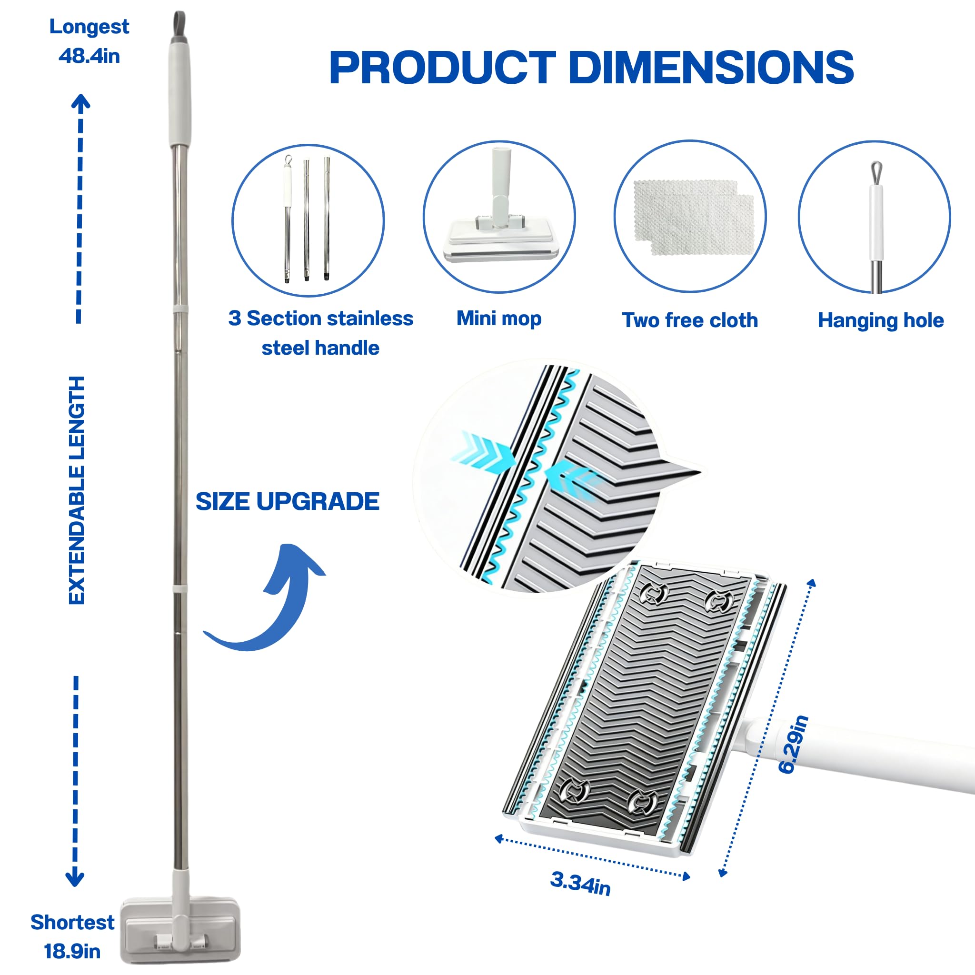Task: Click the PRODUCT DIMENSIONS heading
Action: [x=591, y=68]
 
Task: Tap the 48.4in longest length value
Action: [x=90, y=56]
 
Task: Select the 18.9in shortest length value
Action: [x=72, y=951]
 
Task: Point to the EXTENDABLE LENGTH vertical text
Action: [x=76, y=490]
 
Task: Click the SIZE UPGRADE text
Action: [x=287, y=501]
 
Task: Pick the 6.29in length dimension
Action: [x=793, y=745]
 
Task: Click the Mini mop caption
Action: [x=498, y=318]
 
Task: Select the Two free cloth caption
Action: [x=690, y=320]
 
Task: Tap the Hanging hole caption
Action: [x=881, y=320]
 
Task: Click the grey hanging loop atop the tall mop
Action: [x=179, y=25]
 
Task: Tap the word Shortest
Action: [x=72, y=923]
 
